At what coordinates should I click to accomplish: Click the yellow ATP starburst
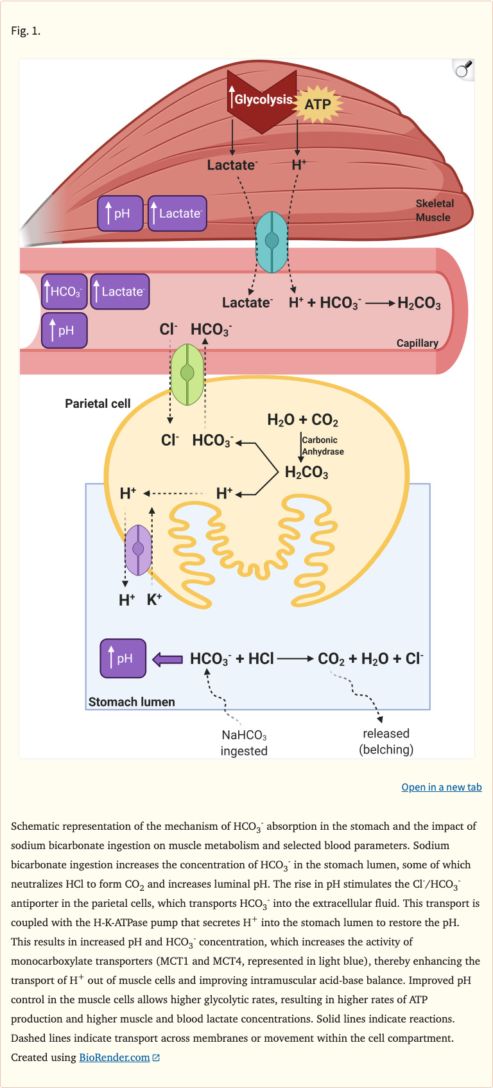pyautogui.click(x=318, y=104)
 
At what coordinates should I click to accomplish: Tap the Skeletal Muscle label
pyautogui.click(x=434, y=211)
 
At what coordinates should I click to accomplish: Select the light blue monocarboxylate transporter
pyautogui.click(x=272, y=241)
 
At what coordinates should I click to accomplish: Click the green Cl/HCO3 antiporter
pyautogui.click(x=187, y=374)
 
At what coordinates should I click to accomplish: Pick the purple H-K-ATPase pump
pyautogui.click(x=138, y=550)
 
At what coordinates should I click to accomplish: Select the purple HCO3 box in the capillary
pyautogui.click(x=64, y=292)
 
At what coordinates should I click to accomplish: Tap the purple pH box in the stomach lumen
pyautogui.click(x=123, y=658)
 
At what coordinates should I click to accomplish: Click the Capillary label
pyautogui.click(x=417, y=343)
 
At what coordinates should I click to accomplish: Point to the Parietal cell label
pyautogui.click(x=98, y=403)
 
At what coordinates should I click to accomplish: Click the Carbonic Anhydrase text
pyautogui.click(x=322, y=446)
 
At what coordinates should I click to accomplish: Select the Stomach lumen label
pyautogui.click(x=132, y=702)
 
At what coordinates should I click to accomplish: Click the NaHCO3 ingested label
pyautogui.click(x=244, y=743)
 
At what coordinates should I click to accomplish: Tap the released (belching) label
pyautogui.click(x=386, y=741)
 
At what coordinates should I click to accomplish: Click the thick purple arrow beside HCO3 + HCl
pyautogui.click(x=168, y=659)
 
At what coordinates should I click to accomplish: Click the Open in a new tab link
pyautogui.click(x=442, y=787)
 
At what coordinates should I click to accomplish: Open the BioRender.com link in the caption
pyautogui.click(x=114, y=1057)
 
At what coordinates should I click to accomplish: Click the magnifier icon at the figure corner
pyautogui.click(x=463, y=69)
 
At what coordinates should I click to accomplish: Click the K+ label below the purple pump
pyautogui.click(x=155, y=600)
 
